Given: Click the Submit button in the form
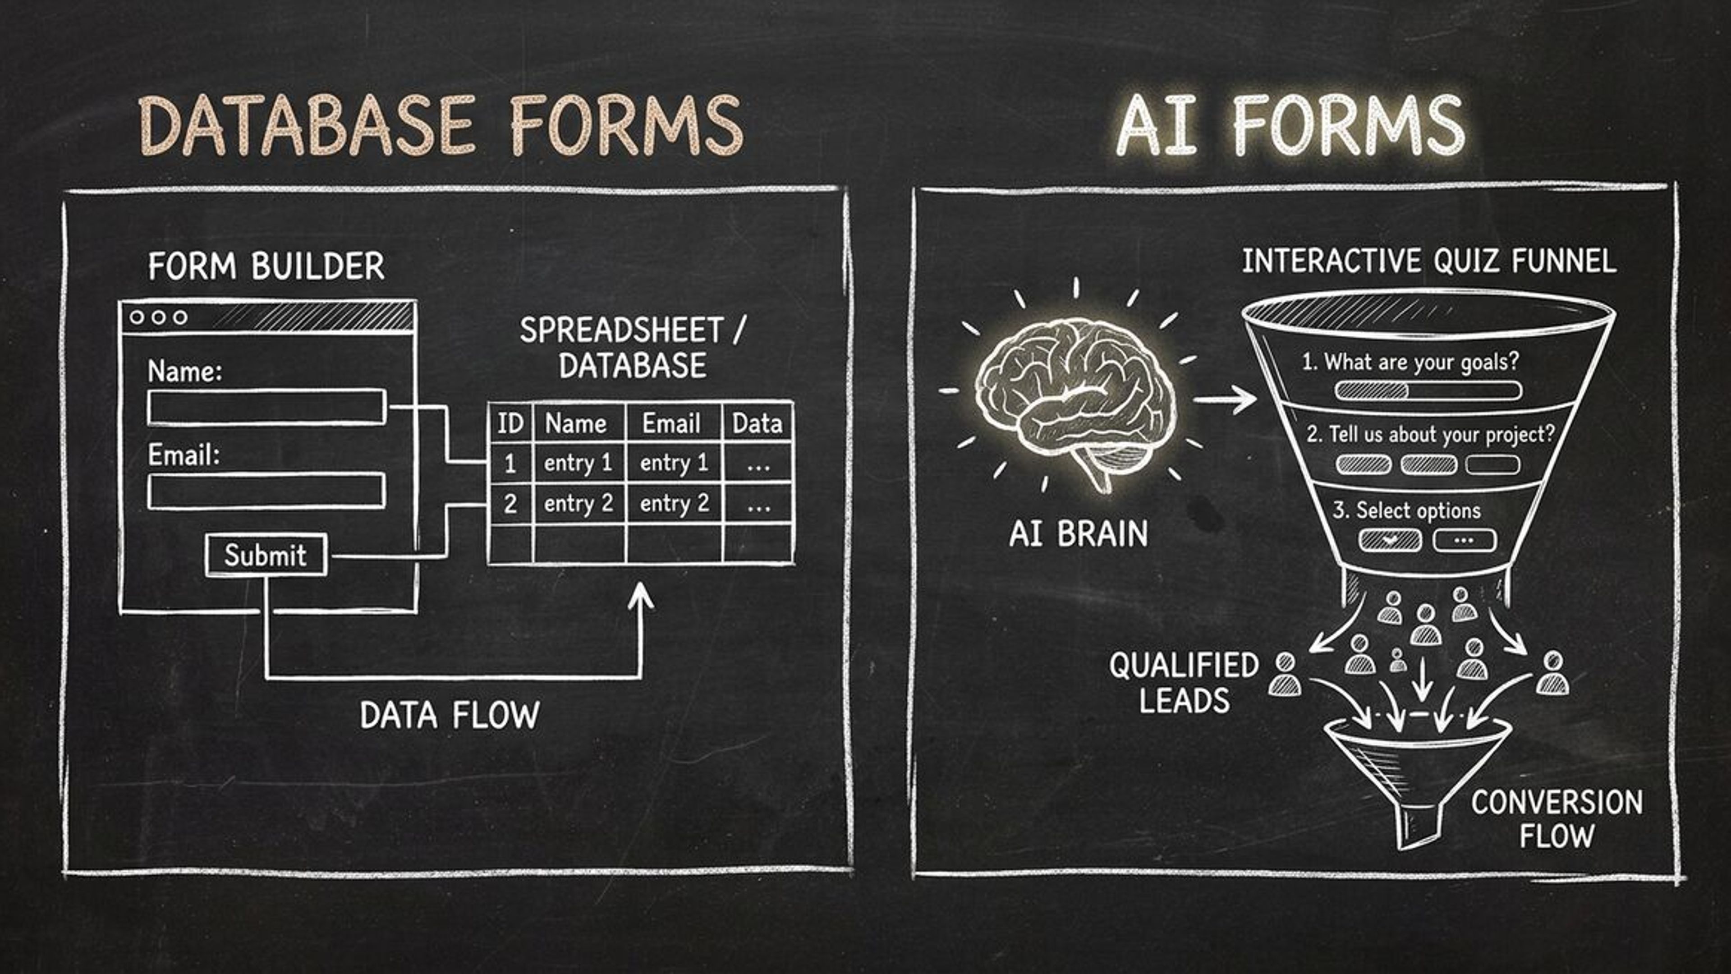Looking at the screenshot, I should point(266,555).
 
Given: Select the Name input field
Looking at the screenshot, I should point(266,407).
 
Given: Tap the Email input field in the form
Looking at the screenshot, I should point(266,491).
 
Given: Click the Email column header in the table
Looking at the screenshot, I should point(671,423).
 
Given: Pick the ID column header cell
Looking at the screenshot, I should point(510,423).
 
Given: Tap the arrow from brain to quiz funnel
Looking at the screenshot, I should point(1224,399).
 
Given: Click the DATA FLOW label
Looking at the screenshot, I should point(450,715).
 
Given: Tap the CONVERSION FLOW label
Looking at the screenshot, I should point(1557,819).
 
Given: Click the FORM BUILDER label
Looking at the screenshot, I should point(266,266).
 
